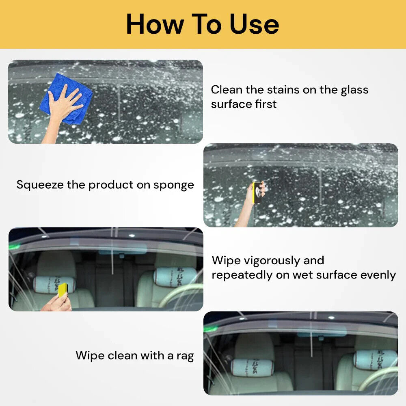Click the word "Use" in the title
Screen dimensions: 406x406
pos(255,24)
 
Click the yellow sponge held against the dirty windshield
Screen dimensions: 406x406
pos(257,192)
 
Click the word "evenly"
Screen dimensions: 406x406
pos(378,275)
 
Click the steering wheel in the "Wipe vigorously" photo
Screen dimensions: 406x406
pos(181,294)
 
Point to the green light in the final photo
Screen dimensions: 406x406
pos(210,328)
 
